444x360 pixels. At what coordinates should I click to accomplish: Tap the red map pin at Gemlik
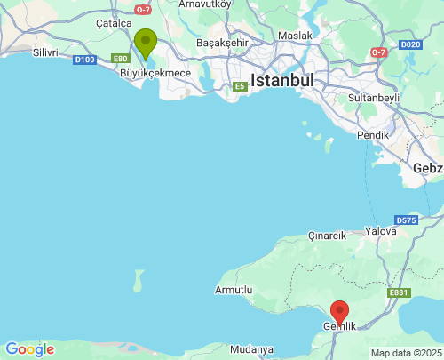[339, 312]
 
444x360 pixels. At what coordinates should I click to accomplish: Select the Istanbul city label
[282, 80]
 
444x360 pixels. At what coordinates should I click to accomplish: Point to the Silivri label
[44, 52]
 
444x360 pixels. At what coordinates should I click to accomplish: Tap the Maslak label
[295, 36]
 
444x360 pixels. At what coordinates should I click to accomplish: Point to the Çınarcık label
[326, 236]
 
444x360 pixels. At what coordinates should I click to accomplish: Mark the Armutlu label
[234, 290]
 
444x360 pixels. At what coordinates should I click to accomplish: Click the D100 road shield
[85, 60]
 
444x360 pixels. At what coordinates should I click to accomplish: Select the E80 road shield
[122, 60]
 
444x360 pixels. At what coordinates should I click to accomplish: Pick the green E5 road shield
[239, 86]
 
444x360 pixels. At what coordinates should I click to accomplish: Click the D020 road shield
[410, 44]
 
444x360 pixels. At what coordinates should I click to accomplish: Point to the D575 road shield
[407, 220]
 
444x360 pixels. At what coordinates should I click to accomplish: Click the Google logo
[29, 349]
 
